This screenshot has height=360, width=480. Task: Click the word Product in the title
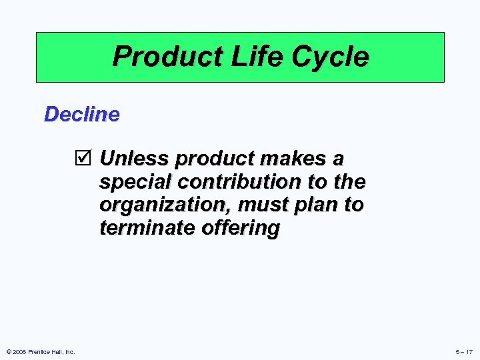click(x=155, y=57)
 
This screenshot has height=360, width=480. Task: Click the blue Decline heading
click(x=81, y=114)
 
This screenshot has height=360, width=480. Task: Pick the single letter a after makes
click(x=338, y=159)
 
